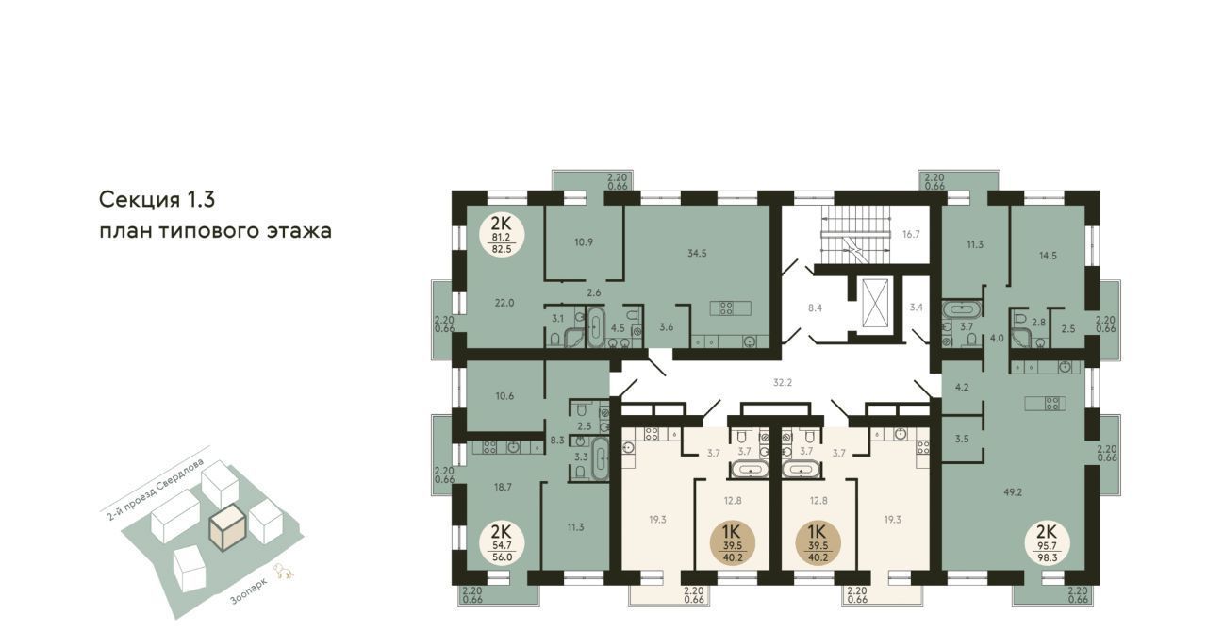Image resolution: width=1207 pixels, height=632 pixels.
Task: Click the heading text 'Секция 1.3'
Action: point(157,200)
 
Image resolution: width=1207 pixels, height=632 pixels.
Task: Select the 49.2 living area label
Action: point(1013,491)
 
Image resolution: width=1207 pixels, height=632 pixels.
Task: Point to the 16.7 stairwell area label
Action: point(911,235)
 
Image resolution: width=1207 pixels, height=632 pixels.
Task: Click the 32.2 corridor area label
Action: point(783,382)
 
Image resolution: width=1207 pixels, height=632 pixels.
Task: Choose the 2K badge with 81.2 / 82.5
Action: point(502,235)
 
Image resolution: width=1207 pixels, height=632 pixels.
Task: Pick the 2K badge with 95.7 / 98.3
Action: point(1048,544)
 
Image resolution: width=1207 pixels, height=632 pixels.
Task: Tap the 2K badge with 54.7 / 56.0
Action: point(502,542)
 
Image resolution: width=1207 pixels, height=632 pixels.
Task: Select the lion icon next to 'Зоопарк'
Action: point(284,573)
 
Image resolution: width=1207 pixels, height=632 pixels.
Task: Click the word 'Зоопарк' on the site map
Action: point(248,592)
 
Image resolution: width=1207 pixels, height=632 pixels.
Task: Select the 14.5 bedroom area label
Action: point(1048,257)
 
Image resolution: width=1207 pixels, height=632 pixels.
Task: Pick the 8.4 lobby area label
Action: point(815,308)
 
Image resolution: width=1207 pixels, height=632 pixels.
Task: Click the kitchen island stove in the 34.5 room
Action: point(730,308)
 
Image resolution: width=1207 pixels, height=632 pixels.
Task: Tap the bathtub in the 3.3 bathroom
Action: point(601,458)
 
